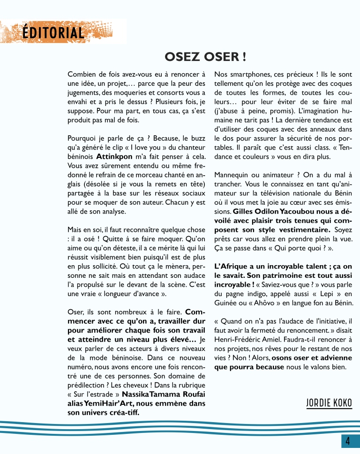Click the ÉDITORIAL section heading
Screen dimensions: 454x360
[x=53, y=32]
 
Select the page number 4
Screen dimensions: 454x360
[x=348, y=441]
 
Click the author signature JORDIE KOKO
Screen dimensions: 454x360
[x=329, y=402]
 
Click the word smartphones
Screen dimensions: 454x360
[x=245, y=74]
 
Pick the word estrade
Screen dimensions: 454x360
[x=98, y=394]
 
